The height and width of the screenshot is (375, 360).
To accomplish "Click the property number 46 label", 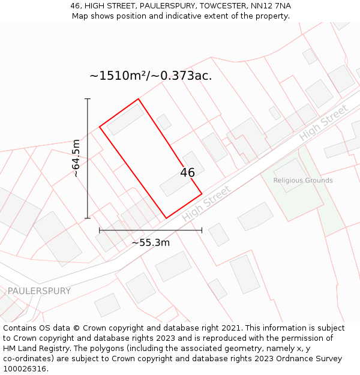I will click(x=187, y=173).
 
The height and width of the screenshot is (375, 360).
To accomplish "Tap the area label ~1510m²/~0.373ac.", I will click(x=151, y=76).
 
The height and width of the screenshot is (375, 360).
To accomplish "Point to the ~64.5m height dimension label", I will click(x=76, y=158).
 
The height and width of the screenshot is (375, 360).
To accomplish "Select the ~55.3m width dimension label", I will click(x=151, y=243).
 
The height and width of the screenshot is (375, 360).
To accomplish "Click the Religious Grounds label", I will click(x=302, y=180).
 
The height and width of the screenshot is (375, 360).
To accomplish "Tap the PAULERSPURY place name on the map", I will click(x=39, y=291).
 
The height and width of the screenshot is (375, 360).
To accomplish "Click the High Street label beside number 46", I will click(x=206, y=203).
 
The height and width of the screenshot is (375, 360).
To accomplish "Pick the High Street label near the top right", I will click(x=323, y=123).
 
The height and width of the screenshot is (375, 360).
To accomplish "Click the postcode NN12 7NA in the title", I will click(x=271, y=6).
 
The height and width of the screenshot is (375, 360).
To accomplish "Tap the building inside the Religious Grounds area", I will click(x=291, y=175).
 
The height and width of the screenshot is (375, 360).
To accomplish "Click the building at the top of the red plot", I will click(x=125, y=119).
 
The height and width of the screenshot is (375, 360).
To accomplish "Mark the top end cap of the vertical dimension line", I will click(x=88, y=98).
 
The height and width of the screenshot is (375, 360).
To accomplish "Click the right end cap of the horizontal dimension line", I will click(x=202, y=230).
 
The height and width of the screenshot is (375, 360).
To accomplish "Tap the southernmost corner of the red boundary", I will click(x=166, y=218).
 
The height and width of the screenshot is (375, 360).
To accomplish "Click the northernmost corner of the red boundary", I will click(x=139, y=99).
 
